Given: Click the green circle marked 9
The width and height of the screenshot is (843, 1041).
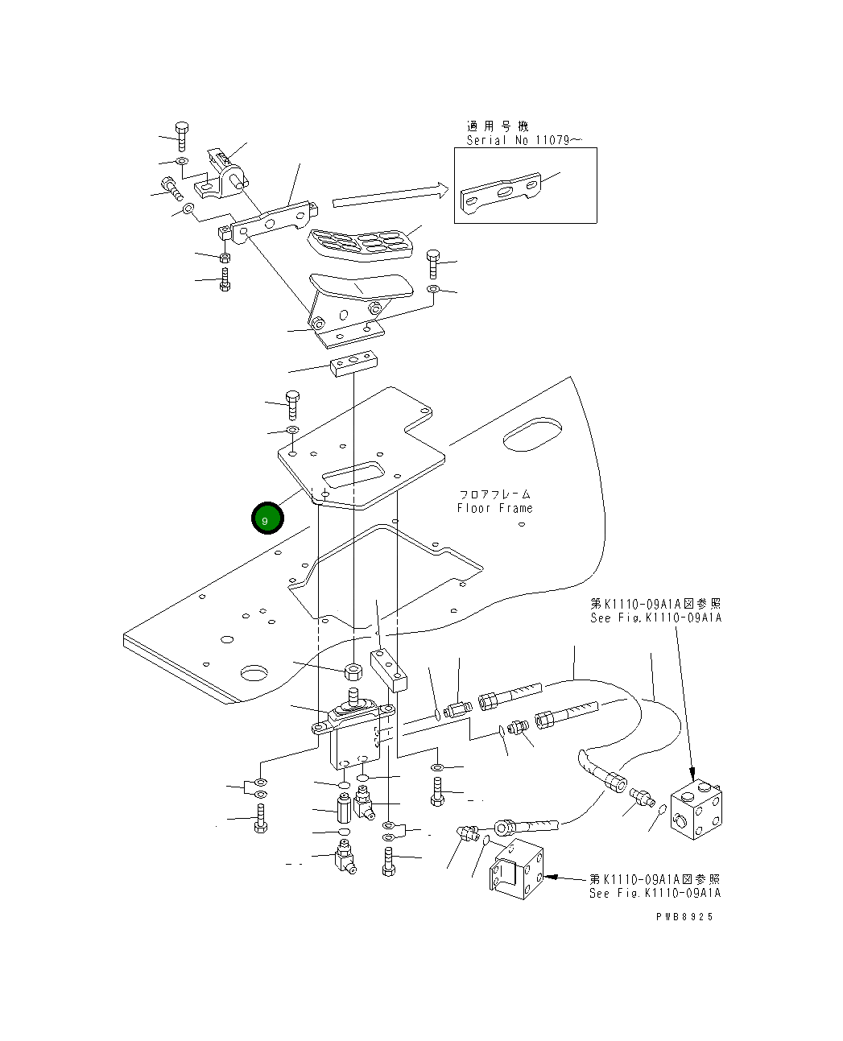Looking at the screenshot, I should (267, 518).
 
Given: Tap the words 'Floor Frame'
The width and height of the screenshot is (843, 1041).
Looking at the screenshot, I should (494, 508).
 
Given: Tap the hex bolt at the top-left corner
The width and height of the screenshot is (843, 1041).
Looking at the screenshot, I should (182, 134).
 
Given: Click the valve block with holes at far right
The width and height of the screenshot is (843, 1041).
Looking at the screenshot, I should (696, 809).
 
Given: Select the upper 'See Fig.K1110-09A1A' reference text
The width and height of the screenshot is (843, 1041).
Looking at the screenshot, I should (655, 618).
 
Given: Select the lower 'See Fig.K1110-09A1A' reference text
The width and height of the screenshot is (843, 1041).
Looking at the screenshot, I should (655, 893).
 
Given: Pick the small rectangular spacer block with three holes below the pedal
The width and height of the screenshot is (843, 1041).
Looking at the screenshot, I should (353, 365).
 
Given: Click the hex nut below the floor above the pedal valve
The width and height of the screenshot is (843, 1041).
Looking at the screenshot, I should (353, 670).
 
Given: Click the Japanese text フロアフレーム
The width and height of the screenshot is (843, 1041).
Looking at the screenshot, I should (494, 494).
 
